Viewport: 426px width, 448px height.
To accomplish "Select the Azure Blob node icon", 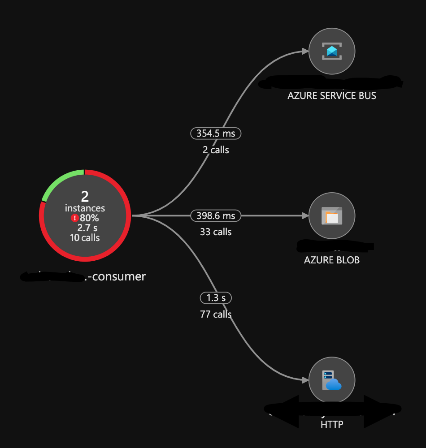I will pyautogui.click(x=332, y=216).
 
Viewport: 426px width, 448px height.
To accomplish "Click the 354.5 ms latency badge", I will pyautogui.click(x=216, y=134).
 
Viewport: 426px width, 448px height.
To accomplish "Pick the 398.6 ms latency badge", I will pyautogui.click(x=216, y=216).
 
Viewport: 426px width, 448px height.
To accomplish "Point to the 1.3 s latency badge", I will pyautogui.click(x=216, y=298).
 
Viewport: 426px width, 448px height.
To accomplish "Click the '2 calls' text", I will pyautogui.click(x=216, y=150).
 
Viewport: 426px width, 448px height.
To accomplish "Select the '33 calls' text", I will pyautogui.click(x=216, y=232).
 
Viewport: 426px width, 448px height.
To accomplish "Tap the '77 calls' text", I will pyautogui.click(x=216, y=314).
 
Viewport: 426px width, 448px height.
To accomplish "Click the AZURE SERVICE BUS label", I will pyautogui.click(x=332, y=96).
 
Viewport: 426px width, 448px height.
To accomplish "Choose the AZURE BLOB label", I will pyautogui.click(x=332, y=260).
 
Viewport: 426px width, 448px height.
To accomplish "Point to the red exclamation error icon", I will pyautogui.click(x=74, y=218).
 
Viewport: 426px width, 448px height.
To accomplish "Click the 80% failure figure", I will pyautogui.click(x=89, y=218).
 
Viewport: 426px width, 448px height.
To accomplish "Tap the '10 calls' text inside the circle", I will pyautogui.click(x=85, y=238).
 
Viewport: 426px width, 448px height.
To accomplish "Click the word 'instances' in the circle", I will pyautogui.click(x=85, y=208).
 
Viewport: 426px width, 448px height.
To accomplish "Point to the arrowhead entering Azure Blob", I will pyautogui.click(x=305, y=216).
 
